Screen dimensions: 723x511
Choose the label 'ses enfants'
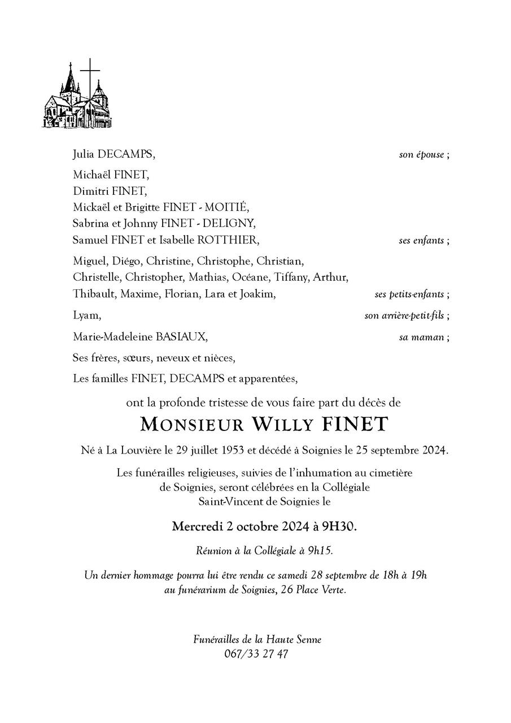pos(421,240)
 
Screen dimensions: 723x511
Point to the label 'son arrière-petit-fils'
pos(404,316)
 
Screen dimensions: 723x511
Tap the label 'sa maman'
pos(421,337)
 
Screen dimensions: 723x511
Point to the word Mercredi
pos(197,527)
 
